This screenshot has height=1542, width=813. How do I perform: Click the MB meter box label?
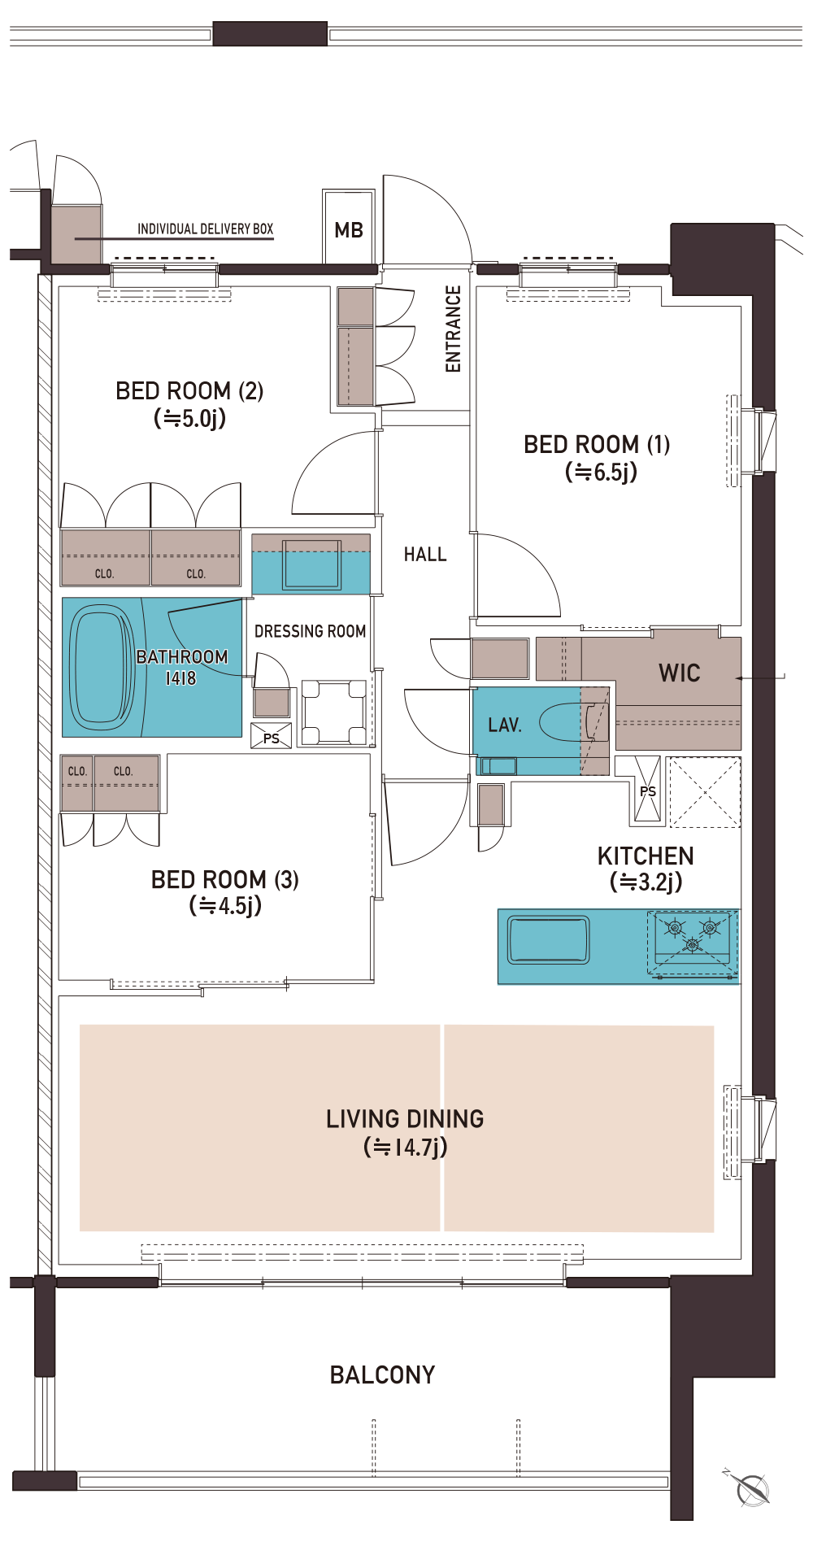click(x=349, y=230)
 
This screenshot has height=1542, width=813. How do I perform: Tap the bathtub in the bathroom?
click(x=102, y=669)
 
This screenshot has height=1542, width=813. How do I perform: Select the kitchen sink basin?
click(x=548, y=940)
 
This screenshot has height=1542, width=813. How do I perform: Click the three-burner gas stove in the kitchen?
click(x=693, y=943)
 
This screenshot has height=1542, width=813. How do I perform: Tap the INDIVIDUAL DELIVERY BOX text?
click(x=205, y=229)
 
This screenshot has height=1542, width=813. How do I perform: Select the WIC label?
click(x=680, y=673)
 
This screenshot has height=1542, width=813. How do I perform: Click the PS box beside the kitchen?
click(x=648, y=790)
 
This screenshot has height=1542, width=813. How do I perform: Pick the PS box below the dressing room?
click(x=271, y=736)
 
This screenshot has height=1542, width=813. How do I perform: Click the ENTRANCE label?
click(x=453, y=329)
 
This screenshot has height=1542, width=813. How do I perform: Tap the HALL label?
click(x=425, y=555)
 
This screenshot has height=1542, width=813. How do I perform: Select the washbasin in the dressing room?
click(x=311, y=564)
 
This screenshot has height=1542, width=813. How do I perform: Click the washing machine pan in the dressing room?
click(x=334, y=712)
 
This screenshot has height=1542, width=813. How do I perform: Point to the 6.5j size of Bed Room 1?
click(x=602, y=472)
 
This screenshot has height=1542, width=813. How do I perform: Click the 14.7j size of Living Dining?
click(x=406, y=1148)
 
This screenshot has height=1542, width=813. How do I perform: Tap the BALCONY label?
click(x=382, y=1375)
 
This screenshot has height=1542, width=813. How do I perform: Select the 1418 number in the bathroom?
click(x=180, y=678)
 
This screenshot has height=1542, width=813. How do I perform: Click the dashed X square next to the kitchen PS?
click(x=704, y=792)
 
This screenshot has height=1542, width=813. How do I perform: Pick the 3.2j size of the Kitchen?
click(x=646, y=882)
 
